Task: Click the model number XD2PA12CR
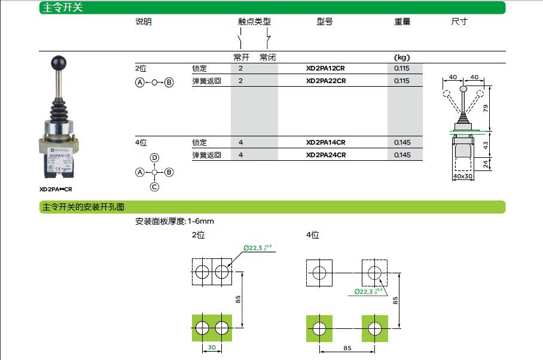325,68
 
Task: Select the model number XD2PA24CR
325,155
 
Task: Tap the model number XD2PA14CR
325,142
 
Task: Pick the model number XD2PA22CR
325,81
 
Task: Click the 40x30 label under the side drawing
463,176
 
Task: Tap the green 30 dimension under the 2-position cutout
212,347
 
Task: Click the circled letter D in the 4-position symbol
154,158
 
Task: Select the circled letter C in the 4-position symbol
154,187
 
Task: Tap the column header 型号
325,22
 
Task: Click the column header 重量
402,22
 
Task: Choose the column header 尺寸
459,22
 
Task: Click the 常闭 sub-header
267,57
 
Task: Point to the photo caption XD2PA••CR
56,189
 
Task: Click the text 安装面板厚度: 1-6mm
175,221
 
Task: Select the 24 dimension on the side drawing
485,163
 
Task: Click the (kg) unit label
401,57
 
